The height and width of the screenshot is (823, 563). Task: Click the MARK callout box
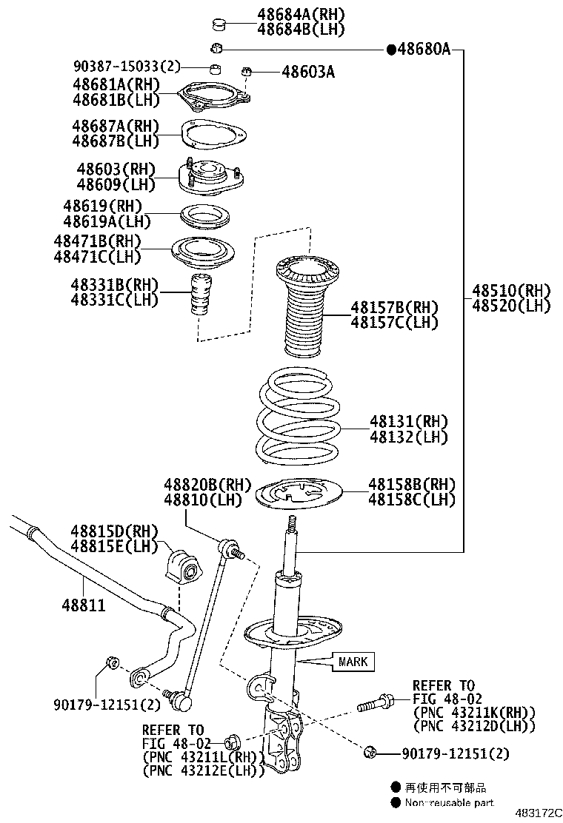click(353, 661)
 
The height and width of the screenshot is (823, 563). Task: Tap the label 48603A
click(308, 72)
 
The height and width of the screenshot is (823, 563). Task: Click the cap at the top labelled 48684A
click(219, 25)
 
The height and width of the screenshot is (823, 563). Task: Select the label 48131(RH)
click(409, 421)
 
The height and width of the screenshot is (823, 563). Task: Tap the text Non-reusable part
click(449, 802)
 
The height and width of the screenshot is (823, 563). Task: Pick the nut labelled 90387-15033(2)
click(213, 70)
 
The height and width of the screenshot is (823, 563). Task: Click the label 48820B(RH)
click(208, 484)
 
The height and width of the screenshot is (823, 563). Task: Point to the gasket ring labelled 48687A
click(214, 133)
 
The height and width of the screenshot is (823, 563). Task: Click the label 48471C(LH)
click(97, 257)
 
